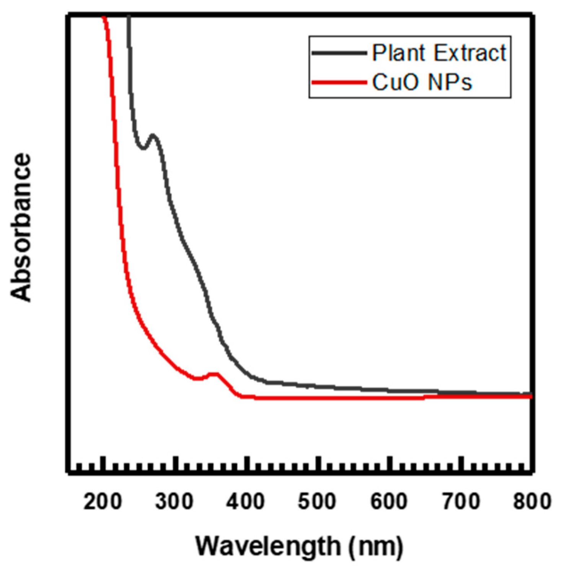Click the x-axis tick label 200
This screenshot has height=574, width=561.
coord(103,501)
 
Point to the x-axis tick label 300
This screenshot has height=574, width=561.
coord(174,501)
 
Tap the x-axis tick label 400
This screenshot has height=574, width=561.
coord(245,501)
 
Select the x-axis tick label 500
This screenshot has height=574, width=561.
coord(317,501)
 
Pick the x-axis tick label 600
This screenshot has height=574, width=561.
coord(388,501)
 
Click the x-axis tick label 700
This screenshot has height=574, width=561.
coord(461,501)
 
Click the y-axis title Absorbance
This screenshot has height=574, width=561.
coord(21,228)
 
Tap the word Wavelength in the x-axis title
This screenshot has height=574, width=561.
coord(268,546)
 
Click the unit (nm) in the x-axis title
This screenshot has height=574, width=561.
coord(376,546)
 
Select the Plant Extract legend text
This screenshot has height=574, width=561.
coord(439,53)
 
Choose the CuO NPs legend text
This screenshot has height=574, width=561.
coord(422,82)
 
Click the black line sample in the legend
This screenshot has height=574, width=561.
coord(339,53)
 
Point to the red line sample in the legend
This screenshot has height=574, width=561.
coord(339,82)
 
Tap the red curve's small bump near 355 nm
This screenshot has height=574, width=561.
coord(214,374)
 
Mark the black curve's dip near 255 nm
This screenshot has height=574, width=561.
coord(143,148)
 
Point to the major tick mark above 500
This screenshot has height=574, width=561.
coord(317,464)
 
